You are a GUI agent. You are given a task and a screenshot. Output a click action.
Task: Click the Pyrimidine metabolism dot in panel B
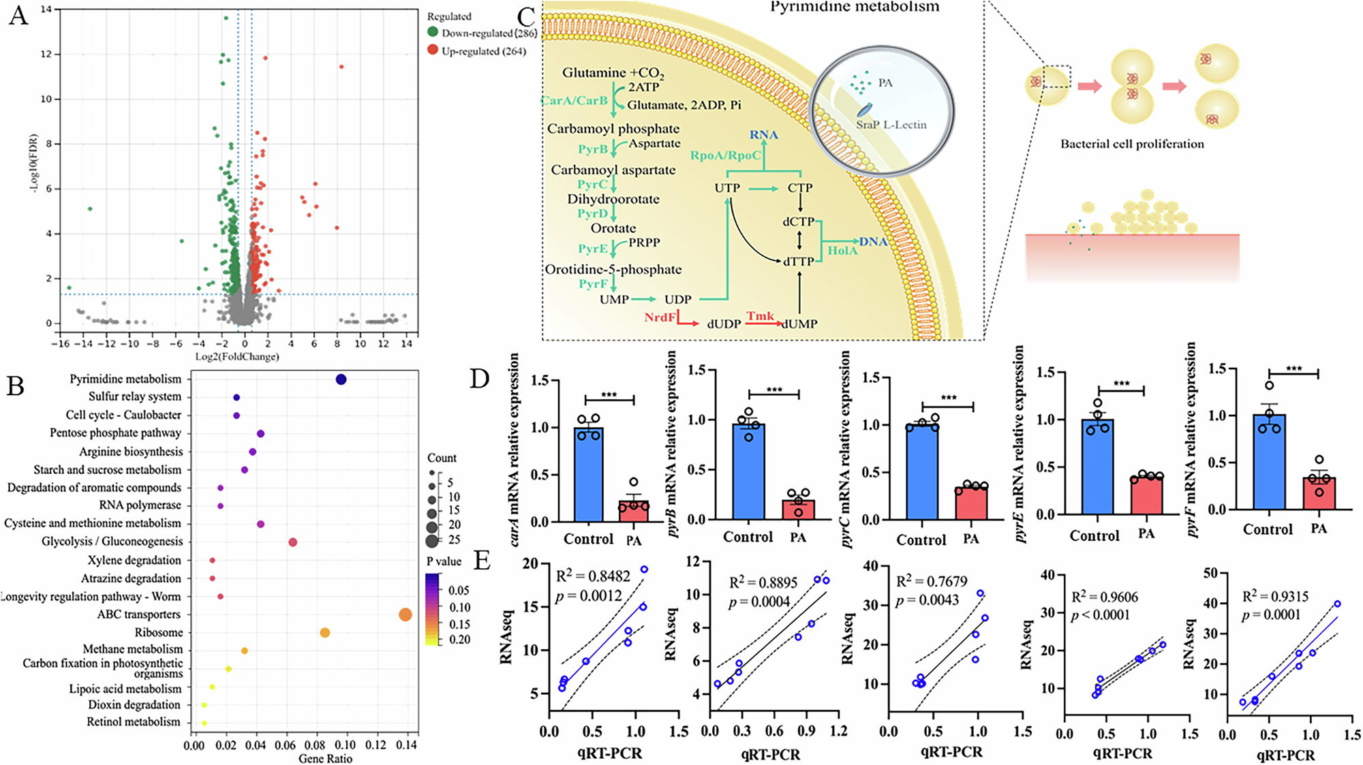pos(341,379)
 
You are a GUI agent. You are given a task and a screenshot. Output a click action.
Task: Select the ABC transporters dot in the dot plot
pos(405,614)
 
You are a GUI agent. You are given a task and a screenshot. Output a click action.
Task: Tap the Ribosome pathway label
pos(159,632)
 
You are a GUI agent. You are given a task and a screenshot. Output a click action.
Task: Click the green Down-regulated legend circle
pos(433,32)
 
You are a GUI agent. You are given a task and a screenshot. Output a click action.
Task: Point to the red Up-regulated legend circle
pos(433,50)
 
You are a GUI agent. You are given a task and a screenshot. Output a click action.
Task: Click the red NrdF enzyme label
pos(660,317)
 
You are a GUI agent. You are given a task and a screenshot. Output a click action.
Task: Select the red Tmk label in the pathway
pos(760,316)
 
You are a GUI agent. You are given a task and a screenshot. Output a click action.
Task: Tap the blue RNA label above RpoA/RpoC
pos(763,135)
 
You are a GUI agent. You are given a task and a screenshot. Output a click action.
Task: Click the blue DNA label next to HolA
pos(872,242)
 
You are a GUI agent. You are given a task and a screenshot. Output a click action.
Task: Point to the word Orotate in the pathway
pos(613,228)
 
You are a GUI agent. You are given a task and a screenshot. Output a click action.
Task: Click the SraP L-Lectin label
pos(891,125)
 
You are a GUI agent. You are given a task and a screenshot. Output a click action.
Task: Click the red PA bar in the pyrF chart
pos(1319,493)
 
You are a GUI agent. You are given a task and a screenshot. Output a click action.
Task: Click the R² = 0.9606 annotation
pos(1105,597)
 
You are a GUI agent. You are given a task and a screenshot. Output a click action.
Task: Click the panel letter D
pos(480,379)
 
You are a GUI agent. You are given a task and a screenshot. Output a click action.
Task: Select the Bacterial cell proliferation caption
pos(1132,144)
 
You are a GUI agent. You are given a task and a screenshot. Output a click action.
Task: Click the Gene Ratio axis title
pos(325,758)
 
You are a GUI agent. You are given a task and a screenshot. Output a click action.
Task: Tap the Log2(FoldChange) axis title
pos(237,356)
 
